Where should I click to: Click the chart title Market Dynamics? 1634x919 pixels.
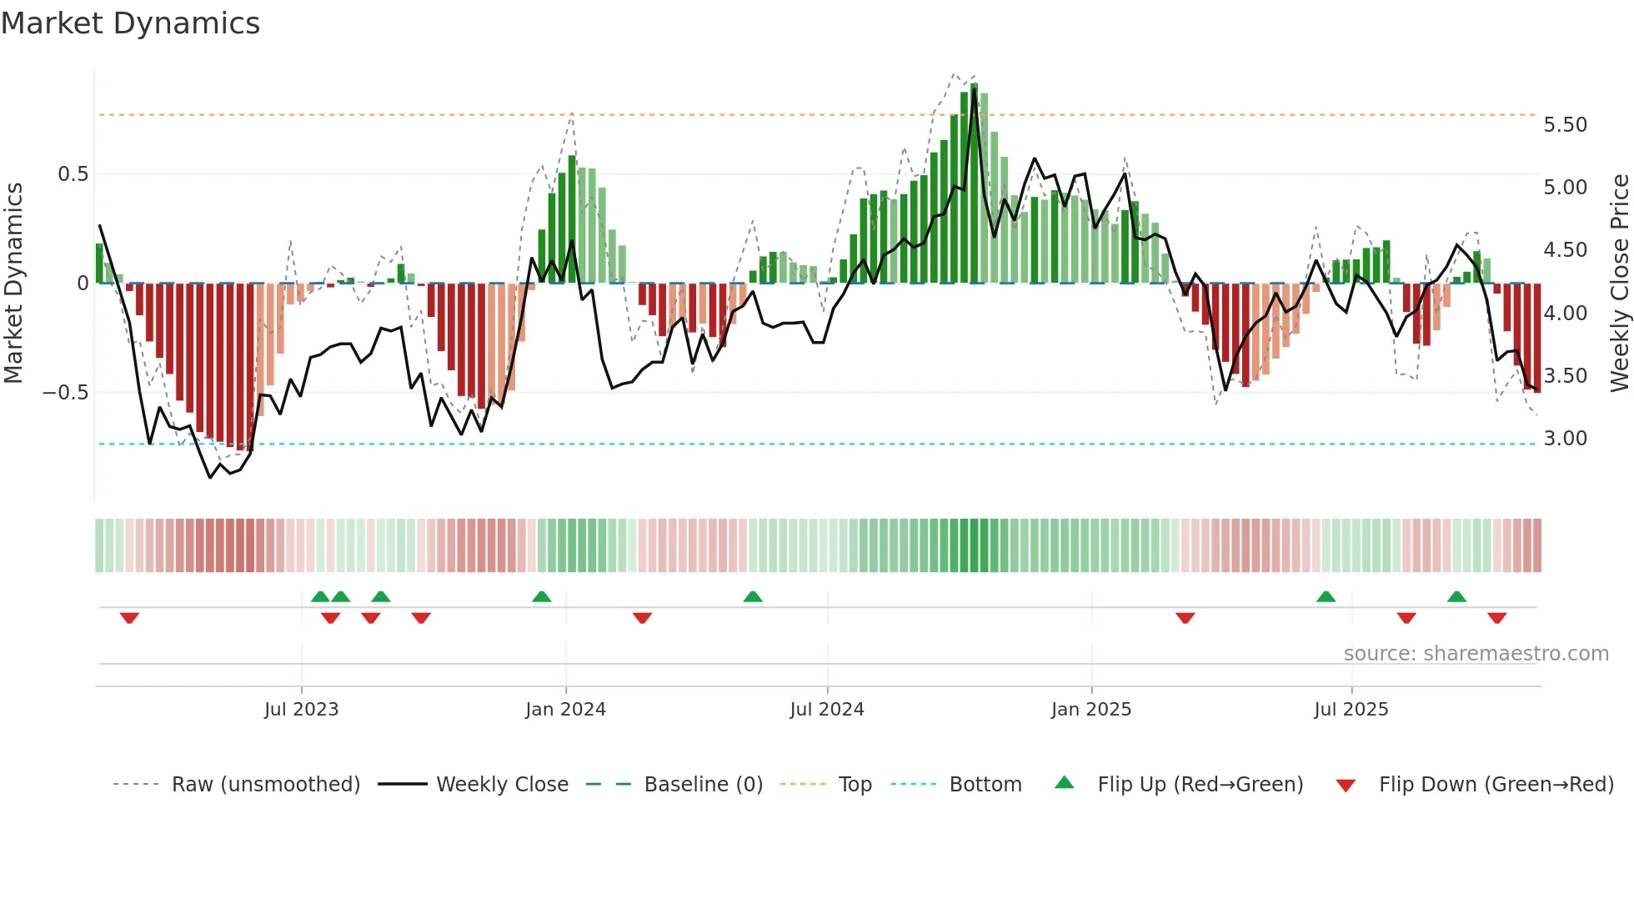point(130,23)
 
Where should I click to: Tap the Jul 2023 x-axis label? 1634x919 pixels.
point(301,710)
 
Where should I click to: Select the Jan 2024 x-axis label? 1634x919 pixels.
point(565,710)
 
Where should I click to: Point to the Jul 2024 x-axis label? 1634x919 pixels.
point(826,710)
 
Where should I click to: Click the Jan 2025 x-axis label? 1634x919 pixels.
point(1090,710)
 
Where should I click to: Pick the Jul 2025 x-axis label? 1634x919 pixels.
point(1351,710)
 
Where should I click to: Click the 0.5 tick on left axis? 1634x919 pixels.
point(73,174)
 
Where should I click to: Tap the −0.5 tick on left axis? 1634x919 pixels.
point(65,393)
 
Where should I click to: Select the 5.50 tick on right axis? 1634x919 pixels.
point(1565,125)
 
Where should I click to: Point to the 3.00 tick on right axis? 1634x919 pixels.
point(1565,439)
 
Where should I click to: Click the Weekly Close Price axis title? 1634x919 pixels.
point(1619,284)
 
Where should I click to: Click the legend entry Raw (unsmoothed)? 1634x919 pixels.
point(265,785)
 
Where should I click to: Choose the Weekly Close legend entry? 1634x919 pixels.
point(502,785)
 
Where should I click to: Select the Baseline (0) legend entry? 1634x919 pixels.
point(703,785)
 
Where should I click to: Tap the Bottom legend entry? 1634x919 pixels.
point(985,785)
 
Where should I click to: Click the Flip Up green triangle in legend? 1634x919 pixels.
point(1065,783)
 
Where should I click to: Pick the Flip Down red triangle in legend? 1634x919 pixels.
point(1346,786)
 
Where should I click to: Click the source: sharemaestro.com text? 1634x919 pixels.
point(1476,654)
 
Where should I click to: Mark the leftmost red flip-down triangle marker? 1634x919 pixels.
point(129,618)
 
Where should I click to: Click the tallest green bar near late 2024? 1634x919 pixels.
point(974,183)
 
